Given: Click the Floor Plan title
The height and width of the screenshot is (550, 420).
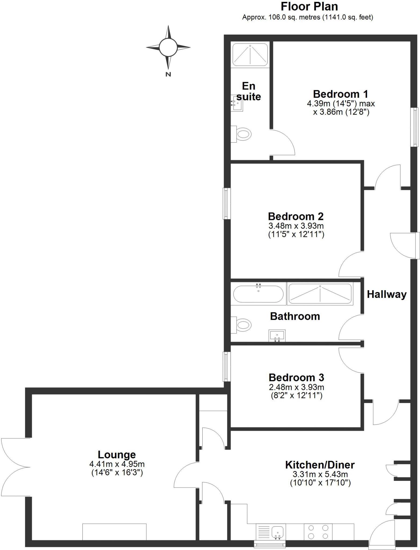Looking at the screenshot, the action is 309,6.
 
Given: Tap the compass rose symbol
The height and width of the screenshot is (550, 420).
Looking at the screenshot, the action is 168,48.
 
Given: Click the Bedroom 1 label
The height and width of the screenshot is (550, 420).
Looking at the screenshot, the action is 340,94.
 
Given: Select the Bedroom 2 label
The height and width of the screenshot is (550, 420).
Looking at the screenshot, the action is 296,216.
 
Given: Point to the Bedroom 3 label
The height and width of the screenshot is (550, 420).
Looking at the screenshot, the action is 296,377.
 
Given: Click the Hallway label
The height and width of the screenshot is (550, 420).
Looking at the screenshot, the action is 387,294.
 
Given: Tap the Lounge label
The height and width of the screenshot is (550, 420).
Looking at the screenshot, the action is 117,454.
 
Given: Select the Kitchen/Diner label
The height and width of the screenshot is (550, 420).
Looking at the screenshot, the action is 320,464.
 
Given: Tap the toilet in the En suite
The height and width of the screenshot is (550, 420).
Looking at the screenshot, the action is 241,134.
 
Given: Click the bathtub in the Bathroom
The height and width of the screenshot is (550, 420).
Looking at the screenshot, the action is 258,294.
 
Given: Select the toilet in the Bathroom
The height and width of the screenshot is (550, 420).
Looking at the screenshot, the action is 241,325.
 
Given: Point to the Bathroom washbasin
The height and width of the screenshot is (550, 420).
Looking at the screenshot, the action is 277,335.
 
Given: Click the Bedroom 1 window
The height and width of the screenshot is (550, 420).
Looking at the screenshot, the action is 415,127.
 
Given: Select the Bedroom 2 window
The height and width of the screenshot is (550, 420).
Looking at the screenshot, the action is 227,203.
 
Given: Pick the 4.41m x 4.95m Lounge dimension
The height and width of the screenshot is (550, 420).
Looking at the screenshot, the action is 117,464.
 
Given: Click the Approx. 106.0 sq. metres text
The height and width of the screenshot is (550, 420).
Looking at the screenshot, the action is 281,17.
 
